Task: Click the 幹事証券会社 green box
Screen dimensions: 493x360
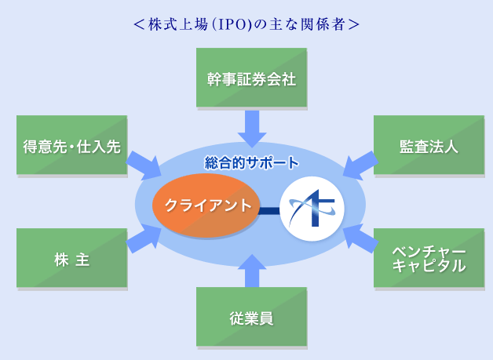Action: pos(251,78)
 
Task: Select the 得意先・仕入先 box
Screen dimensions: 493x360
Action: pos(71,145)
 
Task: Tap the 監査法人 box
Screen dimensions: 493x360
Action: pos(429,145)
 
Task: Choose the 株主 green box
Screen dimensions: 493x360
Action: pos(71,258)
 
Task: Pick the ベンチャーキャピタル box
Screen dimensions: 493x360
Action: pos(429,258)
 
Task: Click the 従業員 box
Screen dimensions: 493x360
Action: pos(251,317)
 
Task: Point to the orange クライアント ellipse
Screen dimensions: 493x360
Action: pos(206,205)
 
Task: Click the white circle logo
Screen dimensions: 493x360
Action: pos(312,209)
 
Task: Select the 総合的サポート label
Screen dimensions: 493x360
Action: pos(251,162)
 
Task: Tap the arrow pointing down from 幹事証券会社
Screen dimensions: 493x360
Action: pos(252,129)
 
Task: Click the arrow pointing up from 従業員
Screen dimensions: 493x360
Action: pos(252,271)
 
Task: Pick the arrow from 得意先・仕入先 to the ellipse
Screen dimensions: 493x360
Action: pos(144,165)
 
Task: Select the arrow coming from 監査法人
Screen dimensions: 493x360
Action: pos(360,165)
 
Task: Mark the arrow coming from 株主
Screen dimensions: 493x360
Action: pos(144,238)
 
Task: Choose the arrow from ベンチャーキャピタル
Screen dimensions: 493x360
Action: pos(360,238)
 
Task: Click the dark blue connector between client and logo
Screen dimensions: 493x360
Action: pos(270,210)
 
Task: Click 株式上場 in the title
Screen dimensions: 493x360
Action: pos(178,24)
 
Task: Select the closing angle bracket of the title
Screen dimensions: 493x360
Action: pos(353,24)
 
